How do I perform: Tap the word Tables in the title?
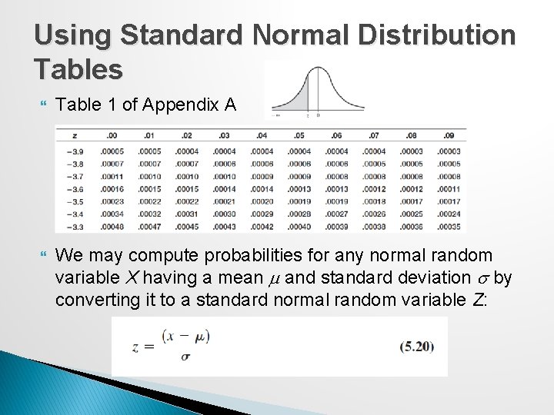pyautogui.click(x=78, y=69)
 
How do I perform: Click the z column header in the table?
pyautogui.click(x=72, y=136)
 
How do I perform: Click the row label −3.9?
pyautogui.click(x=74, y=152)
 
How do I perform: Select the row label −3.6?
pyautogui.click(x=74, y=189)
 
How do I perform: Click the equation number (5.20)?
pyautogui.click(x=416, y=346)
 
